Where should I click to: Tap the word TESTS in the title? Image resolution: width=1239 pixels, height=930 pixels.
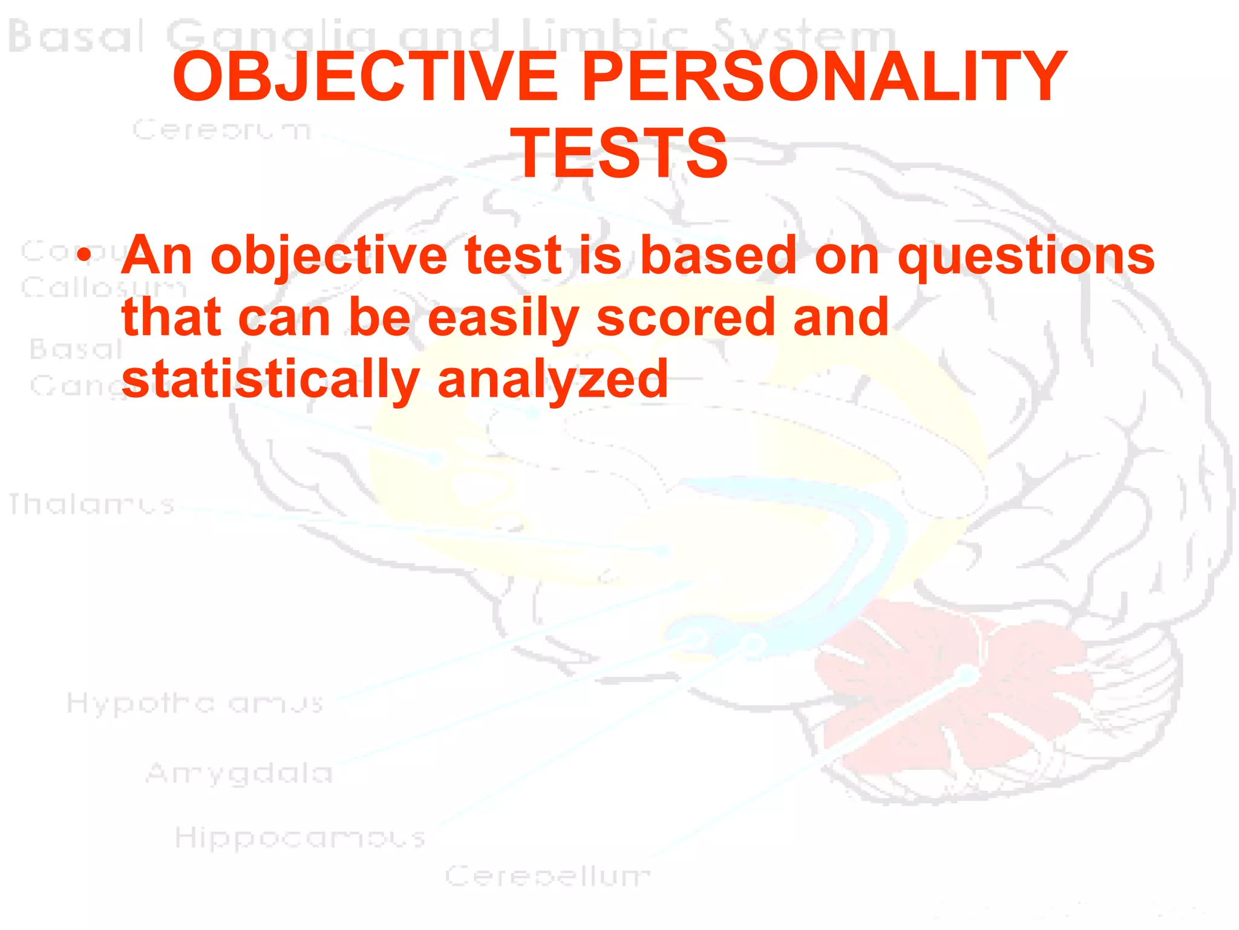619,154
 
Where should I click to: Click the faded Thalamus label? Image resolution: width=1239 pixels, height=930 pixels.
91,504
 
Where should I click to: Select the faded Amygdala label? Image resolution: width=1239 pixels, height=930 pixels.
240,773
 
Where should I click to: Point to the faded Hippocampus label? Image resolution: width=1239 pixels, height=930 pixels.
300,838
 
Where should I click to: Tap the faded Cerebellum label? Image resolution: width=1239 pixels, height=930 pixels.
548,876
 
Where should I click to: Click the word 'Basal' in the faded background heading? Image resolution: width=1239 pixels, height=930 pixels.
76,36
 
